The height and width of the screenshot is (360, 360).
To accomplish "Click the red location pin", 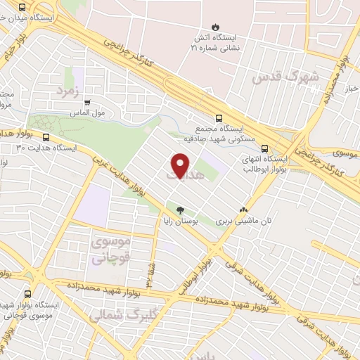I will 181,166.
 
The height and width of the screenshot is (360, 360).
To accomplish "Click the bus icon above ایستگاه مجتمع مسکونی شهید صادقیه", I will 219,118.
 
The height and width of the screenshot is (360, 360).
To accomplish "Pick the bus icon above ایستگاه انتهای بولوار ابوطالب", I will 264,148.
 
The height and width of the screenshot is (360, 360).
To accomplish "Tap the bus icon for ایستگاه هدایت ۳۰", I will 46,138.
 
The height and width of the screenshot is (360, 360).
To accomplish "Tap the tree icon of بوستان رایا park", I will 180,210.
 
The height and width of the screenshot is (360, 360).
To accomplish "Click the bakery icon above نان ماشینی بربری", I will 244,209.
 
